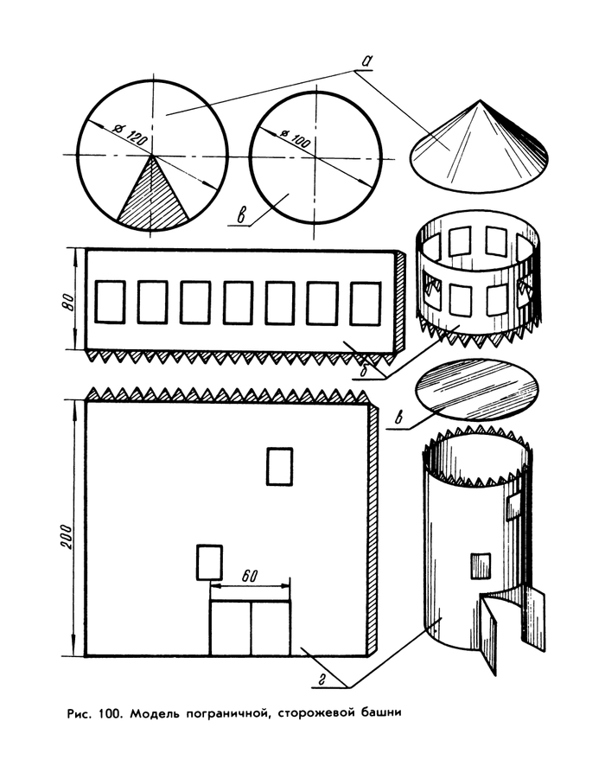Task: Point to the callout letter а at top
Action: [367, 61]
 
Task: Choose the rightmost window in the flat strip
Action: [364, 303]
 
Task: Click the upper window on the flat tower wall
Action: [279, 466]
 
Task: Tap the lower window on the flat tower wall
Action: [207, 562]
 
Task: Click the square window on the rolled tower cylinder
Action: [479, 565]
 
